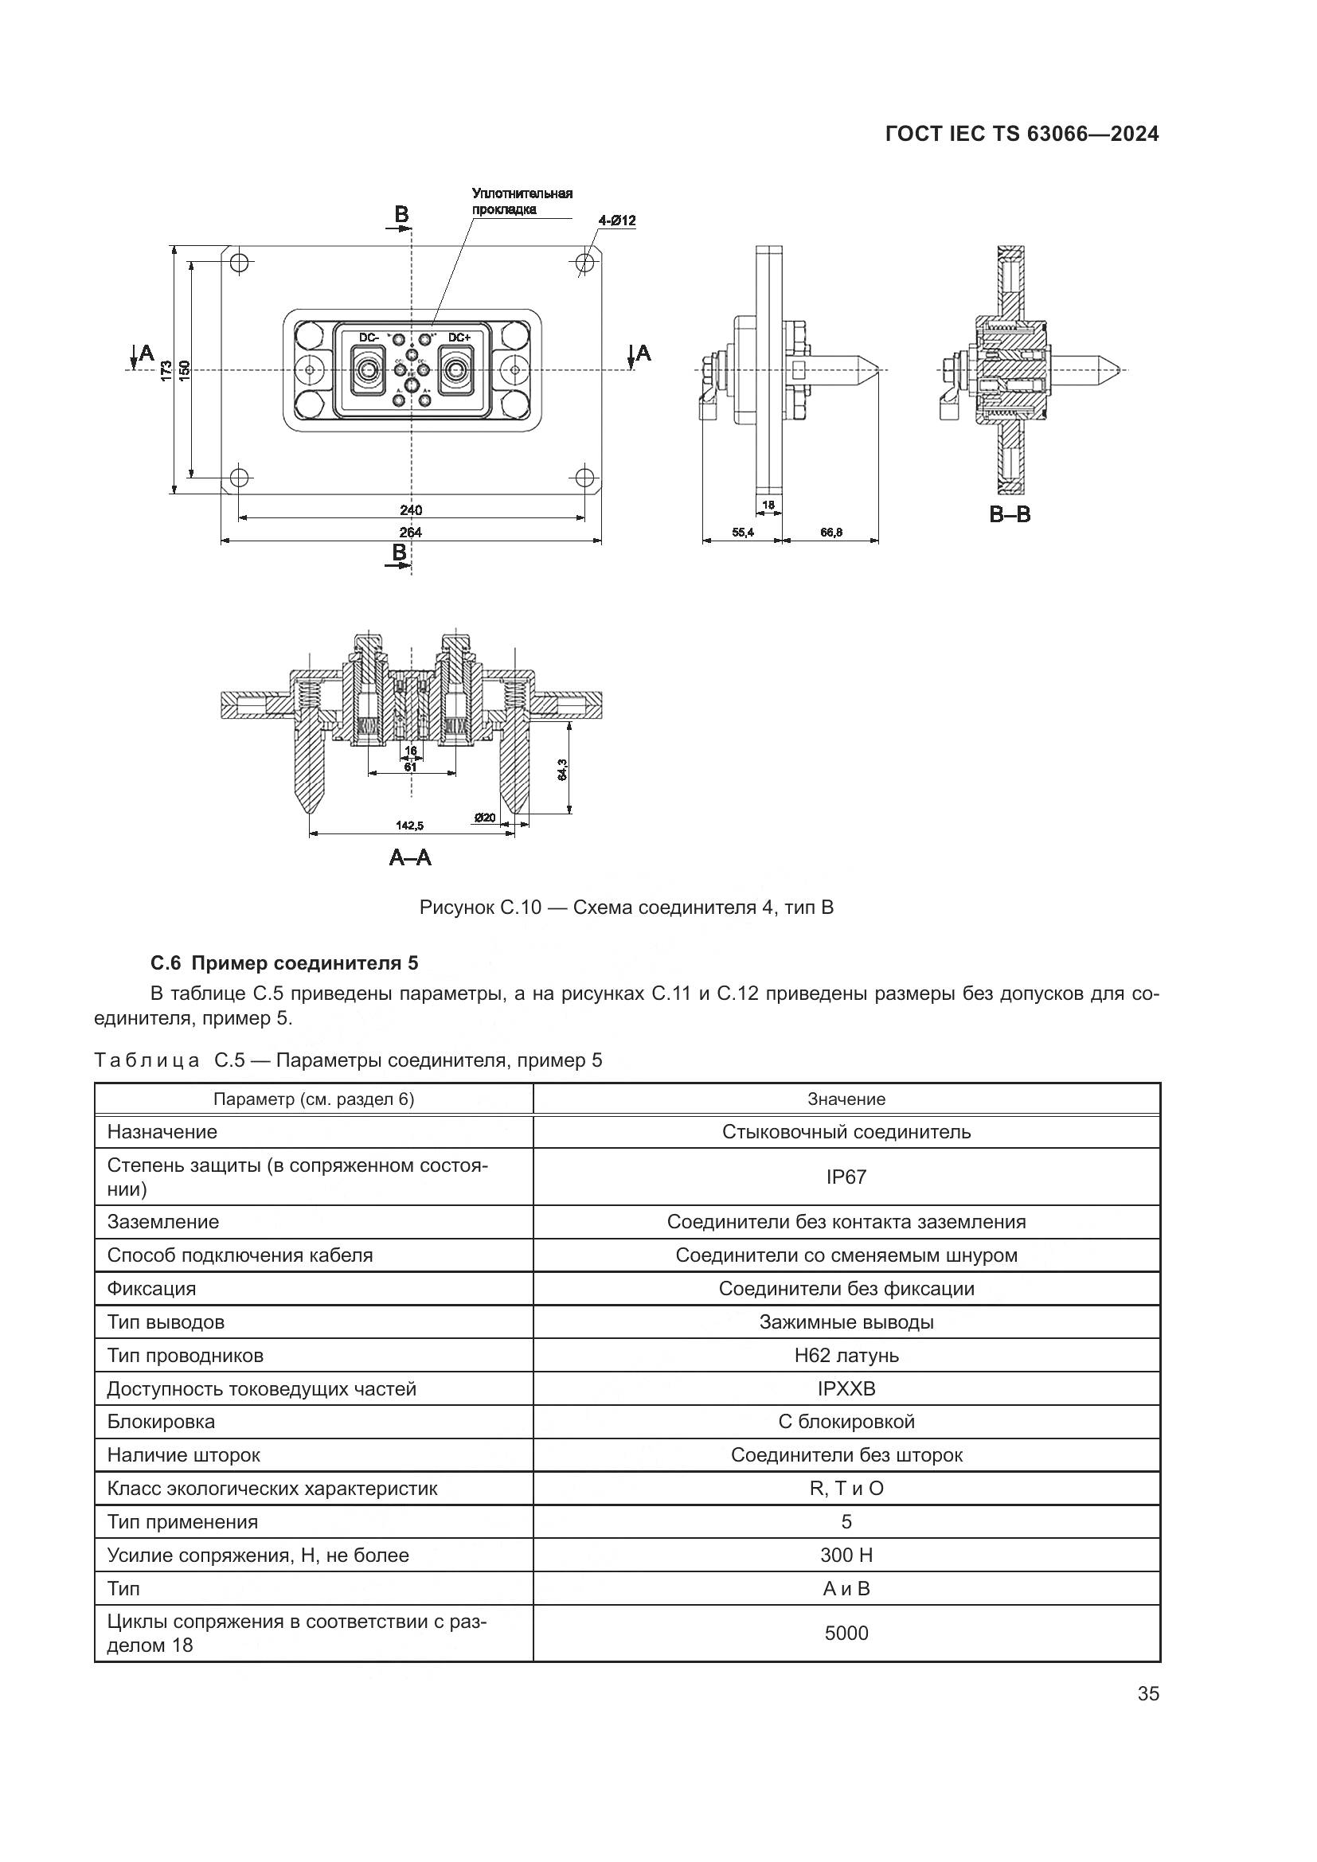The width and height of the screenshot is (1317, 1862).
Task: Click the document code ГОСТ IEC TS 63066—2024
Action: [x=1022, y=135]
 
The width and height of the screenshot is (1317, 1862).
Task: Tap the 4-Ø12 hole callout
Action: [x=616, y=220]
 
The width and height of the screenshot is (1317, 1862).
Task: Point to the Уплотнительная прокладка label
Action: [x=522, y=201]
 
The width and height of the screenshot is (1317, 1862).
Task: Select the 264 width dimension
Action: [x=410, y=533]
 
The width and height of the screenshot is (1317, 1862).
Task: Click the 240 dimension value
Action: [x=410, y=510]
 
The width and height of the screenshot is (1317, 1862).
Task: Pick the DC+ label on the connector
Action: [x=459, y=338]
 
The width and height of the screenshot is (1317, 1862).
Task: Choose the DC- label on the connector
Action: [x=369, y=338]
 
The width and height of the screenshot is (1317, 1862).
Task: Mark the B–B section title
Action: [x=1010, y=514]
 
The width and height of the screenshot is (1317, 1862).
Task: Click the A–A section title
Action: [x=410, y=857]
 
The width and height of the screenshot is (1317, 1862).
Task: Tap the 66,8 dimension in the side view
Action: [x=831, y=532]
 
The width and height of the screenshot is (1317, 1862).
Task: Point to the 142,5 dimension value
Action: [x=409, y=826]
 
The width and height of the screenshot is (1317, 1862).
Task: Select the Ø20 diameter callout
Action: [x=485, y=818]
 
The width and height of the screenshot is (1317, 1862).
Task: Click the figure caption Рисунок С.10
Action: [x=626, y=907]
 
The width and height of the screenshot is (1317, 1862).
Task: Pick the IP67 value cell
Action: [x=846, y=1177]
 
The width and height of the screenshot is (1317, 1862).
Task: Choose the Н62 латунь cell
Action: [x=846, y=1355]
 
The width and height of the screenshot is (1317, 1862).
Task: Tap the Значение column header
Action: [x=846, y=1099]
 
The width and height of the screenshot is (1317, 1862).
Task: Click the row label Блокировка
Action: [x=161, y=1422]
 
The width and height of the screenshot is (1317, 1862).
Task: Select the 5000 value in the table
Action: [x=846, y=1633]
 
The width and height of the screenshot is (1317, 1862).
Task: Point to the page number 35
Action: [x=1147, y=1693]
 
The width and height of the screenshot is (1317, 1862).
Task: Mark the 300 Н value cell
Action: [x=846, y=1555]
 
